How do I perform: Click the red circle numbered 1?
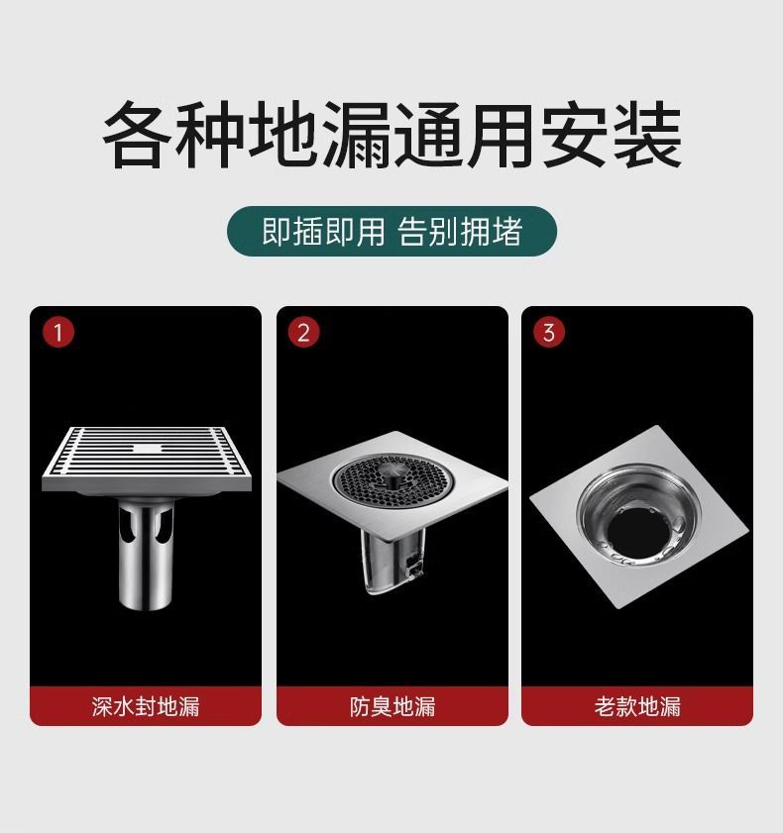[x=58, y=332]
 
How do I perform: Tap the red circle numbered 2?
[x=303, y=332]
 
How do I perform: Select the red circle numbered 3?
[x=549, y=332]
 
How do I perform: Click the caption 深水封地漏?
[x=146, y=706]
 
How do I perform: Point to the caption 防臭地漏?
[x=392, y=706]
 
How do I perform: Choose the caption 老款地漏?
[x=637, y=706]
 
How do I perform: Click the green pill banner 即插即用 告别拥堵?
[x=391, y=231]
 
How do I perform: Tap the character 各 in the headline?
[x=138, y=136]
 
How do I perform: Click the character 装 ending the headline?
[x=647, y=136]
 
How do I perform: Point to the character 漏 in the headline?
[x=356, y=136]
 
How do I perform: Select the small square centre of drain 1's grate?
[x=147, y=449]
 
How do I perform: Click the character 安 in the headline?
[x=575, y=136]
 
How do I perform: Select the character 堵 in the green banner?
[x=507, y=232]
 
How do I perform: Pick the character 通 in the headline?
[x=429, y=136]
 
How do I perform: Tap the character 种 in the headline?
[x=210, y=136]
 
